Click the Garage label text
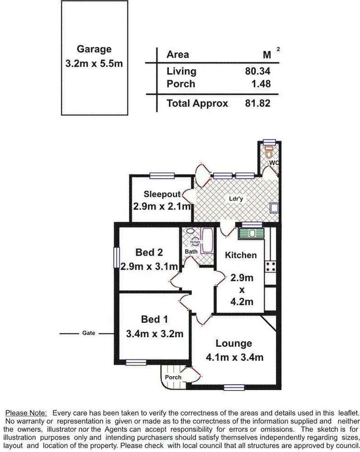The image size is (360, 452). (x=94, y=49)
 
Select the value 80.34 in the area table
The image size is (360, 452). (x=258, y=71)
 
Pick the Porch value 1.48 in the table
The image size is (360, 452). (x=261, y=84)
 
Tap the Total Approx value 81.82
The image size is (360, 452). (x=258, y=103)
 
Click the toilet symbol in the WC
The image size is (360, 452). (x=269, y=153)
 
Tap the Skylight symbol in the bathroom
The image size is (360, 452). (x=195, y=243)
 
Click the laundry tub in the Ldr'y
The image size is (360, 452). (x=274, y=208)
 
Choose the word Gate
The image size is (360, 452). (x=89, y=333)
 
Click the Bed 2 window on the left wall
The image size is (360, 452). (x=115, y=257)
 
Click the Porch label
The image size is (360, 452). (x=173, y=377)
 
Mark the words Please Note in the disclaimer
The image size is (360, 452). (x=26, y=413)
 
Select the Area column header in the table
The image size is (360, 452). (x=178, y=55)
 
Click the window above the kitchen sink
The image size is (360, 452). (x=252, y=224)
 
